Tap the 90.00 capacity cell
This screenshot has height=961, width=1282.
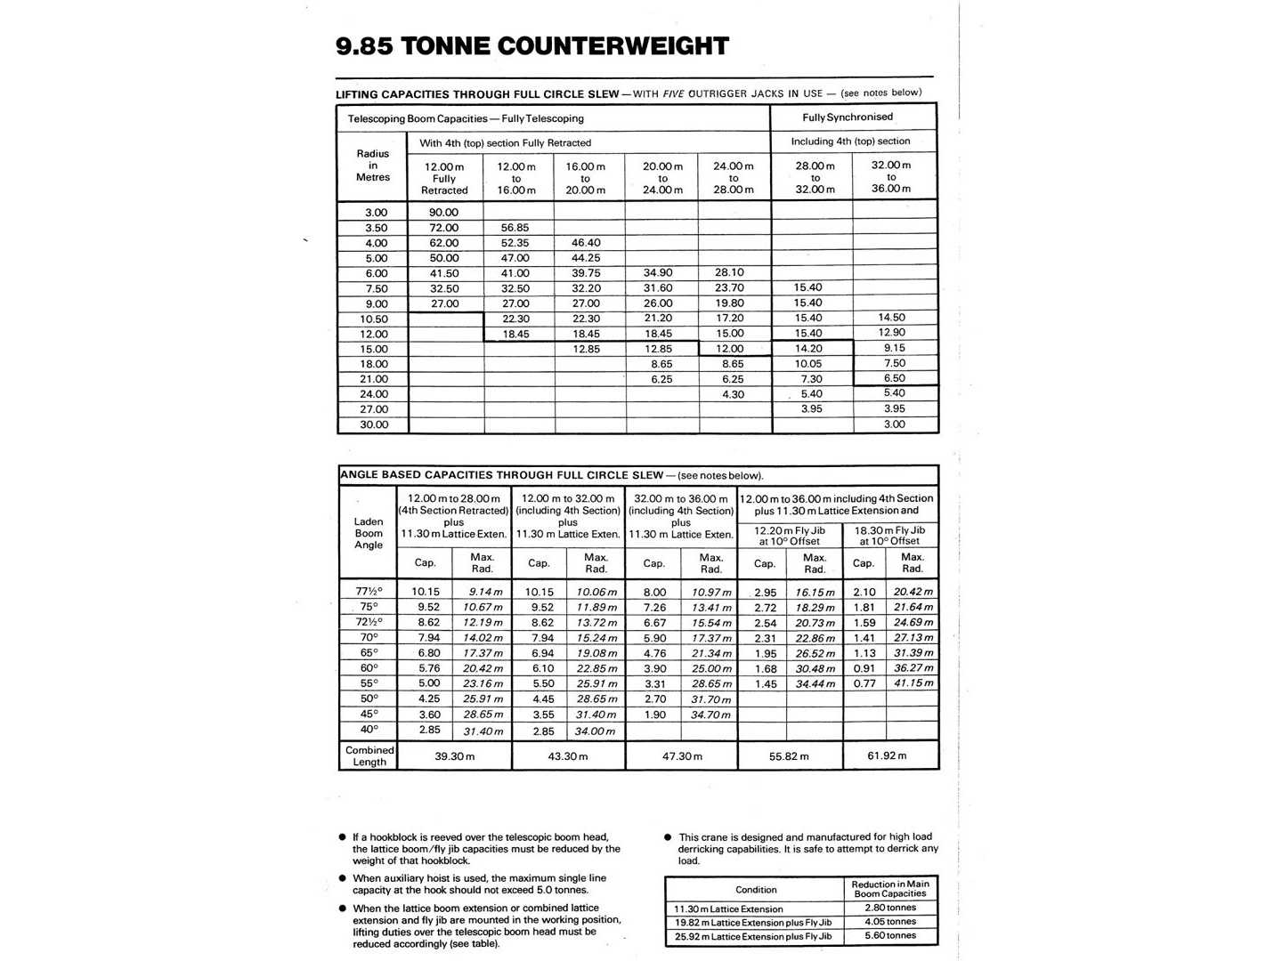[x=443, y=213]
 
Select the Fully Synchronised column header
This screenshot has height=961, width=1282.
[x=847, y=117]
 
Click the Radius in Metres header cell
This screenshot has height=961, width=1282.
[x=373, y=166]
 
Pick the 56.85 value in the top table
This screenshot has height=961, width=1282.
[x=515, y=228]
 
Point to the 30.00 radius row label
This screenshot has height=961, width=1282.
[x=374, y=424]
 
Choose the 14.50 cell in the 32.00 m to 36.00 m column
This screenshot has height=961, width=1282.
[x=891, y=318]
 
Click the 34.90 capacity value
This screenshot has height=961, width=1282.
[x=658, y=273]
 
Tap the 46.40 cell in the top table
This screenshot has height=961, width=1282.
[x=586, y=243]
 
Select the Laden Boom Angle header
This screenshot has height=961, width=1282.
[x=369, y=533]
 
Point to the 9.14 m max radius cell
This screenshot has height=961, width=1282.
[x=485, y=592]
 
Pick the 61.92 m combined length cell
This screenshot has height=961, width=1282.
[x=887, y=755]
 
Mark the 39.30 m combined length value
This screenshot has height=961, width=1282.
[x=455, y=756]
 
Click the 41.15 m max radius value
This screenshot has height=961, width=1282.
[x=913, y=683]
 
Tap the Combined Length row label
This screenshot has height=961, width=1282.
[x=369, y=755]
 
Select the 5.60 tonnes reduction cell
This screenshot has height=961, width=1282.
[x=890, y=935]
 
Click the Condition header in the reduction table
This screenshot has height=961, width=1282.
[x=756, y=890]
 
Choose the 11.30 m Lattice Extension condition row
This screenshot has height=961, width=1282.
[x=729, y=909]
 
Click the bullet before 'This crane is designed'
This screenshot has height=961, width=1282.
[x=669, y=837]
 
